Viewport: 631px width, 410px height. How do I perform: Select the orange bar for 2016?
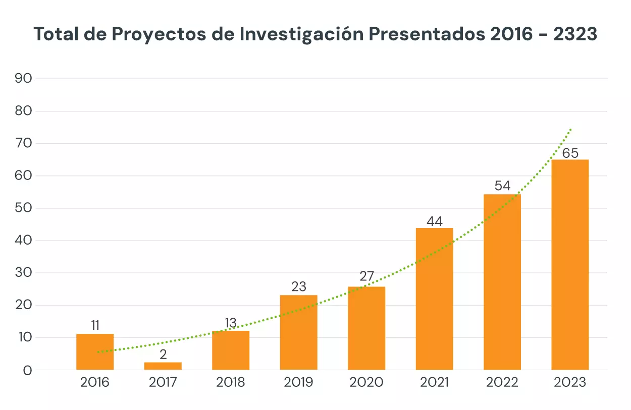click(95, 352)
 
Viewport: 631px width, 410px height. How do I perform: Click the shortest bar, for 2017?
click(163, 366)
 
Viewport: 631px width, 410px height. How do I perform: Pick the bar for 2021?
click(434, 299)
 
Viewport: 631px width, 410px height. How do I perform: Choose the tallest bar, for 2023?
click(570, 264)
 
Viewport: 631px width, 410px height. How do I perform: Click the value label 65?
click(570, 153)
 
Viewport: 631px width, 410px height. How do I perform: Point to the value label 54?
click(502, 186)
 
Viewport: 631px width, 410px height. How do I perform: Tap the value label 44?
click(434, 221)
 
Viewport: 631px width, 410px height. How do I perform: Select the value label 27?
click(366, 276)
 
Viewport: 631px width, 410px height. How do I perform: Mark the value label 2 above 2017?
click(163, 355)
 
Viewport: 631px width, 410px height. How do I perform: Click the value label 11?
click(95, 325)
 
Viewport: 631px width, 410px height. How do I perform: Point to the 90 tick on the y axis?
click(24, 79)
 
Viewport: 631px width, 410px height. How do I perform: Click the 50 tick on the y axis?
click(24, 208)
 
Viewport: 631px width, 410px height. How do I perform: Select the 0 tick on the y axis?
click(27, 370)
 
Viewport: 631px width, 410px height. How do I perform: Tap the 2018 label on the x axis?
click(231, 382)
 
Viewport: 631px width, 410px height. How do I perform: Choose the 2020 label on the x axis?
click(366, 382)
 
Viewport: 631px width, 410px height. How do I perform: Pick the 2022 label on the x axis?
click(502, 382)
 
